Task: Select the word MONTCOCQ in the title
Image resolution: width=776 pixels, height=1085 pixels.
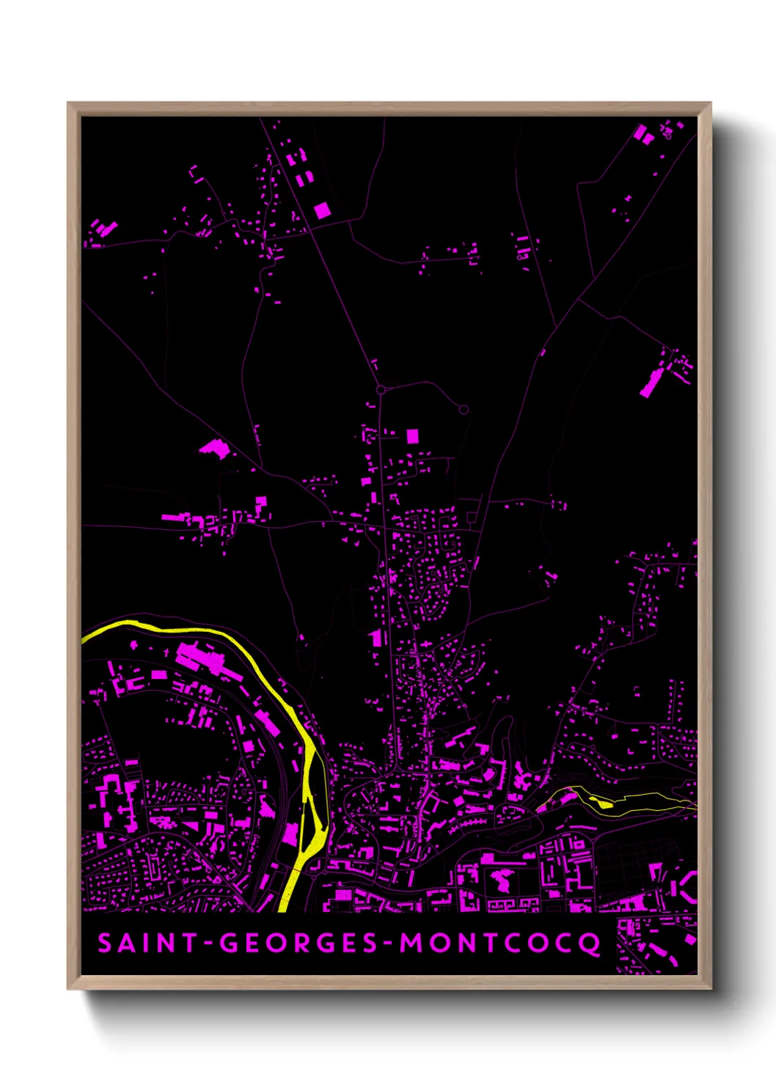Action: click(x=499, y=944)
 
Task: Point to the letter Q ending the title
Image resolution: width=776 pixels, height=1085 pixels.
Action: click(x=590, y=944)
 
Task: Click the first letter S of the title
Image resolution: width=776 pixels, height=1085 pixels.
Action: click(x=105, y=943)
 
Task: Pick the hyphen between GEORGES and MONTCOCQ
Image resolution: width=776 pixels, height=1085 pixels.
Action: click(x=387, y=944)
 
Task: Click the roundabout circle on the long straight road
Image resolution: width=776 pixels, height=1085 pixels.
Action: click(x=381, y=390)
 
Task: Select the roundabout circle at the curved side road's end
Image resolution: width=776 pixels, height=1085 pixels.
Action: click(x=464, y=410)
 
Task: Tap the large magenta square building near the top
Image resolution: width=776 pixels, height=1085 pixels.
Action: click(x=322, y=211)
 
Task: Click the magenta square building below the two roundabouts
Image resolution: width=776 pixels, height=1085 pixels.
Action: click(x=412, y=436)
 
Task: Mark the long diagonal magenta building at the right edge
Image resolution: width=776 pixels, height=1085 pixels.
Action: click(x=651, y=383)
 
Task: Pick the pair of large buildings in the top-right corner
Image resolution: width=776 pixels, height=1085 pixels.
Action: click(x=643, y=134)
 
